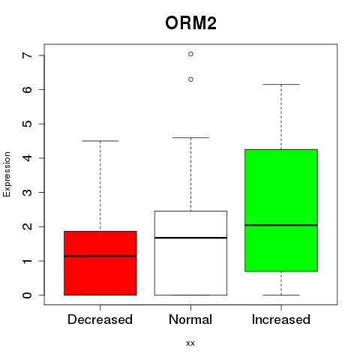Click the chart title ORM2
190,23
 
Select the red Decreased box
100,263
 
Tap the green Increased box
281,210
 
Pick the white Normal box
190,253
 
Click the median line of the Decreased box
100,256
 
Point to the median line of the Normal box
190,238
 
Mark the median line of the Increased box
281,225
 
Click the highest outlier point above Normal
190,54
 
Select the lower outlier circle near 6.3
190,79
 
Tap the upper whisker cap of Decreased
100,141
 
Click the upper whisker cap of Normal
190,137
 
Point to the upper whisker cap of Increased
281,85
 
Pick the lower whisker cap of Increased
281,295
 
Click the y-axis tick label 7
28,55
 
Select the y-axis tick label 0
28,295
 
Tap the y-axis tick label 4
28,158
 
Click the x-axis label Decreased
100,319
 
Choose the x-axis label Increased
281,319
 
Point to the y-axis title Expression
7,175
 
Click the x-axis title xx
190,343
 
